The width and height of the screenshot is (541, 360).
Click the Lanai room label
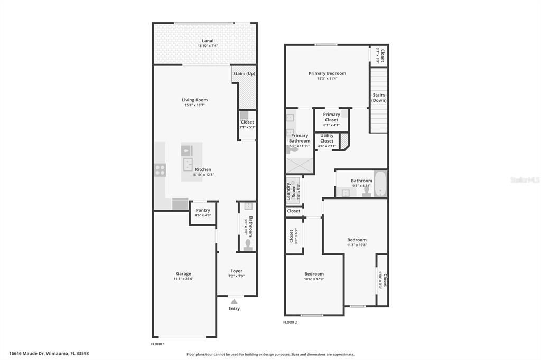tap(208, 41)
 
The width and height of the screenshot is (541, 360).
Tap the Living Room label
tap(194, 100)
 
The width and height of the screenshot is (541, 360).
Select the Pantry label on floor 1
tap(202, 210)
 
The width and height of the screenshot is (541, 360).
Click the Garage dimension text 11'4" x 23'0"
tap(183, 279)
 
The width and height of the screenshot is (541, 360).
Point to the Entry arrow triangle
tap(234, 301)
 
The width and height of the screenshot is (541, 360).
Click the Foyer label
tap(236, 271)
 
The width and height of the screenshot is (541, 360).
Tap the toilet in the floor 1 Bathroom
tap(248, 244)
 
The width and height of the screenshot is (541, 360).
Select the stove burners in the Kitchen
tap(160, 170)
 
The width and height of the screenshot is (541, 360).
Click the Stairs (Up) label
tap(244, 73)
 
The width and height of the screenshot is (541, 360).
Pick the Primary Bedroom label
tap(327, 73)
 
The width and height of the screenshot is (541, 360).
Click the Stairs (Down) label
tap(378, 98)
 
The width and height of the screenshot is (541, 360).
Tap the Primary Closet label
tap(331, 117)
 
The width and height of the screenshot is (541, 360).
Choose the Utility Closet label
tap(327, 138)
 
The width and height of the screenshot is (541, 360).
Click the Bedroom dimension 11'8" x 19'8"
tap(357, 245)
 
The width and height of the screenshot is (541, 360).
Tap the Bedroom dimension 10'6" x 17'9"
tap(314, 279)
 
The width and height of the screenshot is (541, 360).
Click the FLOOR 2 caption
tap(290, 322)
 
